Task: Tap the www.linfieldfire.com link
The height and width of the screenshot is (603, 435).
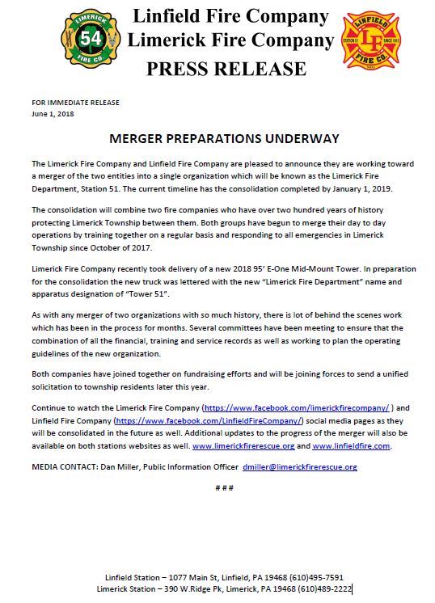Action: pyautogui.click(x=351, y=445)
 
